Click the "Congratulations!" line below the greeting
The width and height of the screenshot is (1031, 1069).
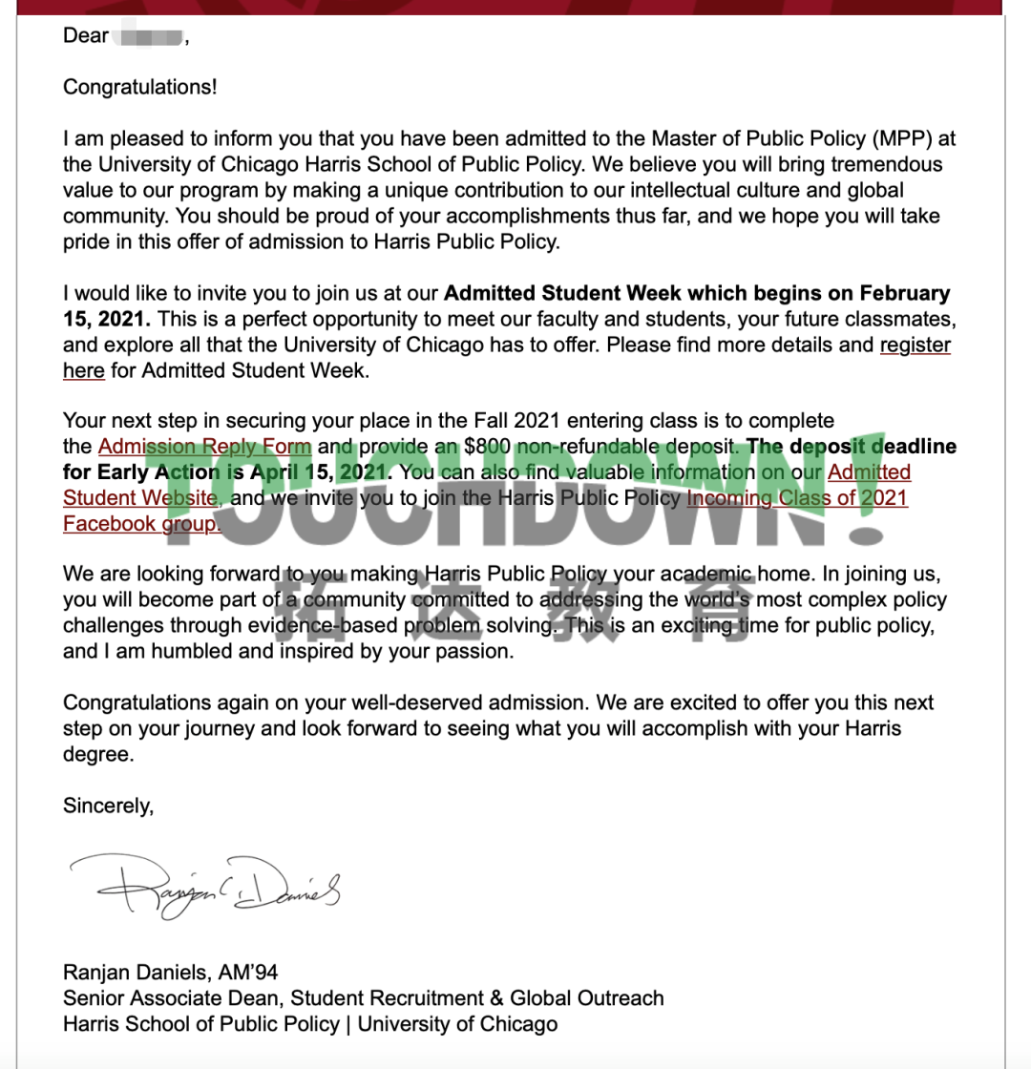pyautogui.click(x=140, y=87)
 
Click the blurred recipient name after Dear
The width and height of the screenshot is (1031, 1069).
pyautogui.click(x=149, y=37)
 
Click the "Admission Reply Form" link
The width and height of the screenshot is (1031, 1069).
pyautogui.click(x=204, y=446)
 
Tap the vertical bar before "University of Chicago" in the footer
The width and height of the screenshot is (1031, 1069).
pyautogui.click(x=348, y=1024)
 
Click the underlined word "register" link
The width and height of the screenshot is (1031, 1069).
pyautogui.click(x=915, y=345)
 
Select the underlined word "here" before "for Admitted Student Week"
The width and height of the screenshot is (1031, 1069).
pyautogui.click(x=84, y=370)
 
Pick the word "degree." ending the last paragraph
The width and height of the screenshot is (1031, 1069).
pyautogui.click(x=95, y=754)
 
